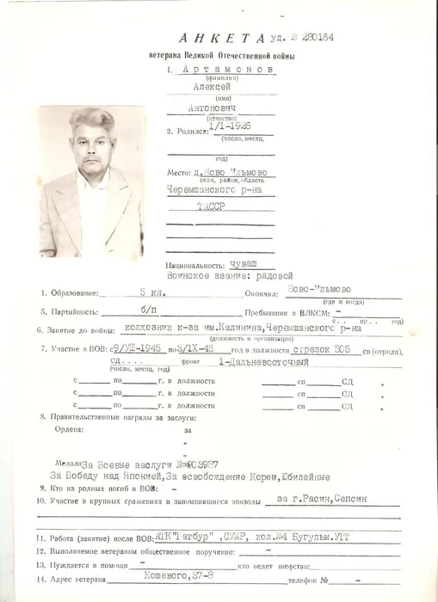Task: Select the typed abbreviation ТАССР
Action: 211,209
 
